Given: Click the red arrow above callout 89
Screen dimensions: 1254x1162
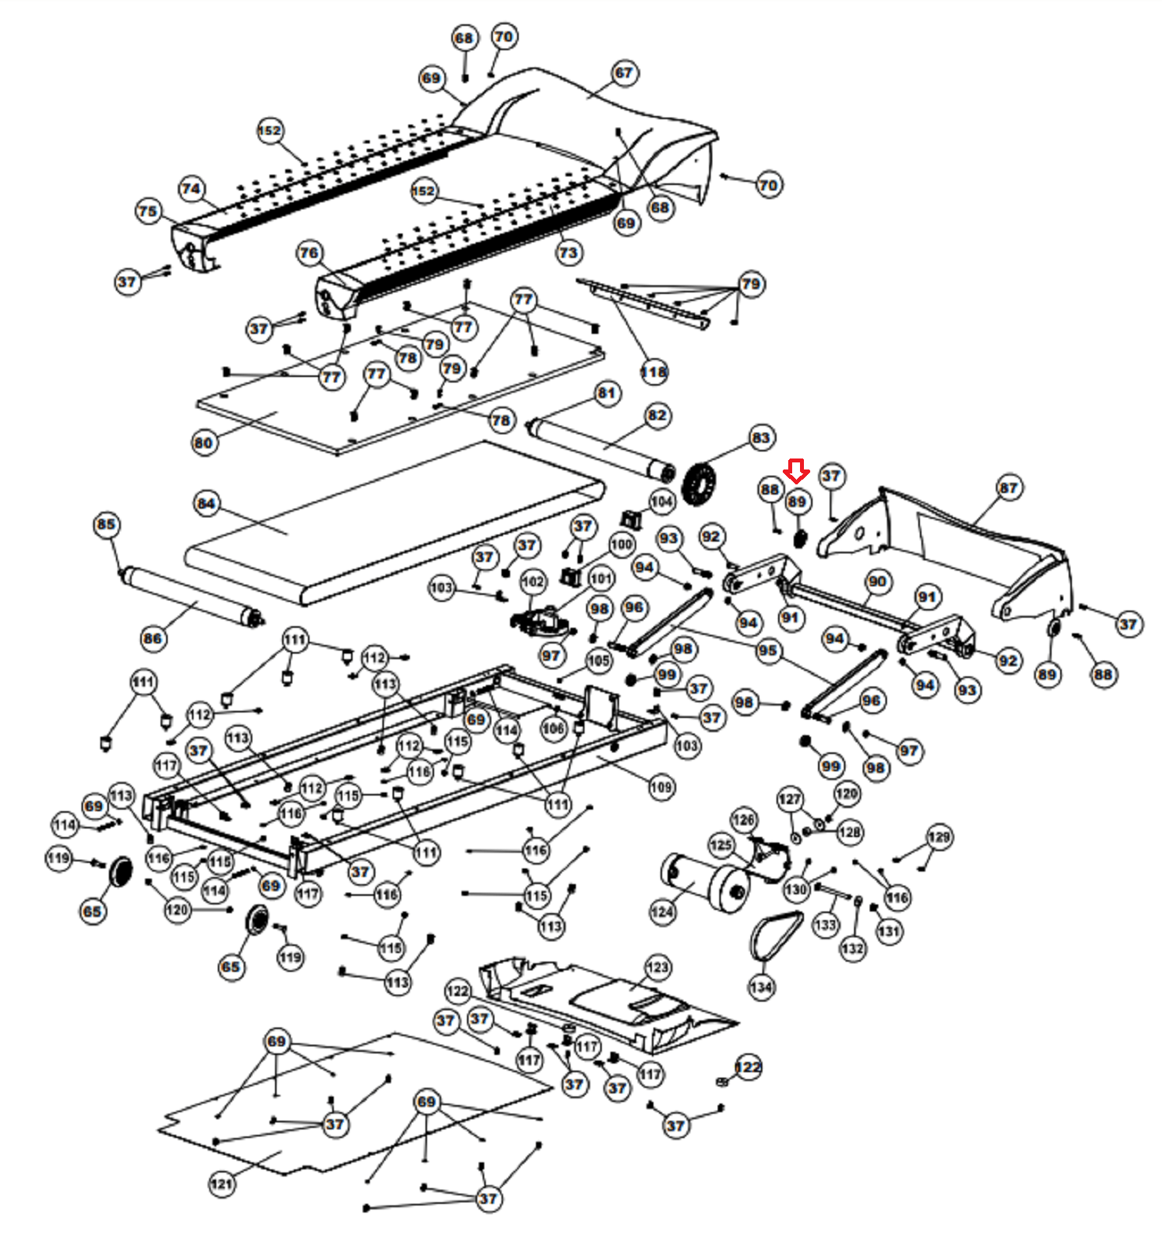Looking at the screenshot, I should (x=797, y=472).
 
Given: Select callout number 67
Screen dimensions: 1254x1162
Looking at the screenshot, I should (x=623, y=73).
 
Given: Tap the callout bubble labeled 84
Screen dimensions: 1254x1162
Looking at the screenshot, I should (x=206, y=503).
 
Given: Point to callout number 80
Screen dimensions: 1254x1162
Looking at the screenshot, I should (x=203, y=443).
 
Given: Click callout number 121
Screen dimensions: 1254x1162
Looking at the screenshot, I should (x=222, y=1183).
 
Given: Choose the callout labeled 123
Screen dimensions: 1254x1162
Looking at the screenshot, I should (x=657, y=967).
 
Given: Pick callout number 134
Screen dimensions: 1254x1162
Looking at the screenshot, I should (x=761, y=987).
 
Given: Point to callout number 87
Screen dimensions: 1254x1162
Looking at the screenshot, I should (x=1008, y=487).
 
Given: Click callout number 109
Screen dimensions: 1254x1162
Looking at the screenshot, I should (x=661, y=786).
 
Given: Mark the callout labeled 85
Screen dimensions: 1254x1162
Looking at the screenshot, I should (x=107, y=524).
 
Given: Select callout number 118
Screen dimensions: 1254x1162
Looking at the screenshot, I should (x=653, y=371).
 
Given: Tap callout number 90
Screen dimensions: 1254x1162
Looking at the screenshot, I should (x=877, y=581).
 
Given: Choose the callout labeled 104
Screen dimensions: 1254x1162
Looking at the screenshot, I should (x=661, y=501).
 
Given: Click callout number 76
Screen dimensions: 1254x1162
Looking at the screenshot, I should (x=309, y=252).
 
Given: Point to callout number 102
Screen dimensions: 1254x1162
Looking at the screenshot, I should (x=532, y=581).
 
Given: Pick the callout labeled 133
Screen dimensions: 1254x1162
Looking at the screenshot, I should (x=825, y=925).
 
